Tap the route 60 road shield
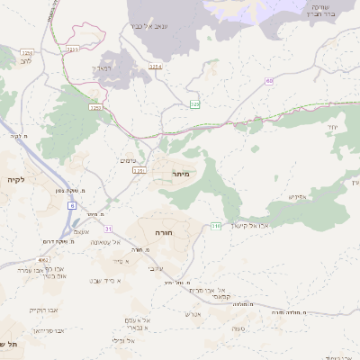tap(269, 81)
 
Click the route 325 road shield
tap(194, 105)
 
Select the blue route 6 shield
tap(71, 205)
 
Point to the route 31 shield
tap(109, 229)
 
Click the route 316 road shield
tap(216, 226)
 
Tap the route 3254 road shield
tap(155, 67)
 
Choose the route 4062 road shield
tap(42, 259)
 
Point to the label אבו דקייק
tap(42, 309)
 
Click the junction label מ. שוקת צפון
tap(48, 191)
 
